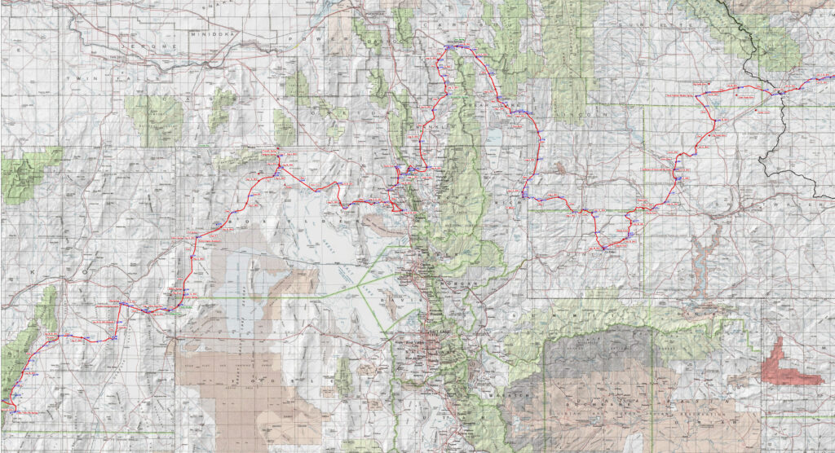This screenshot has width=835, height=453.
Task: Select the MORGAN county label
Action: tap(450, 282)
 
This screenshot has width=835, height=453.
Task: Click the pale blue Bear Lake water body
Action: tap(495, 142)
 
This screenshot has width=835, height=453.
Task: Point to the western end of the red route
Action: tap(2, 401)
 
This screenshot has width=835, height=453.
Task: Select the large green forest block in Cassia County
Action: tap(154, 114)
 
